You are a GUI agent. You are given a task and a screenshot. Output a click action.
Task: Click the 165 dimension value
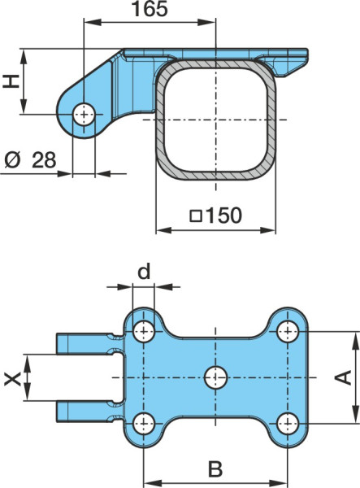click(150, 9)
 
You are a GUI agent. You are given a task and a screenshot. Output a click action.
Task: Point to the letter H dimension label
click(11, 81)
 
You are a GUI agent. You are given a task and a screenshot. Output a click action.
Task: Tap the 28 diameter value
click(44, 160)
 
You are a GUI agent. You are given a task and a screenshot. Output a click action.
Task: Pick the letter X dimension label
click(12, 379)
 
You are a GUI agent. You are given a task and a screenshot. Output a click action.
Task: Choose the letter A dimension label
click(343, 377)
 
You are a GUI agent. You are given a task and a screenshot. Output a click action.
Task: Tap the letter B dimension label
click(215, 469)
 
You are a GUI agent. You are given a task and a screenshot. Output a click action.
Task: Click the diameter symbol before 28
click(12, 160)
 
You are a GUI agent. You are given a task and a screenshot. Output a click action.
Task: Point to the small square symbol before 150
click(196, 216)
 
